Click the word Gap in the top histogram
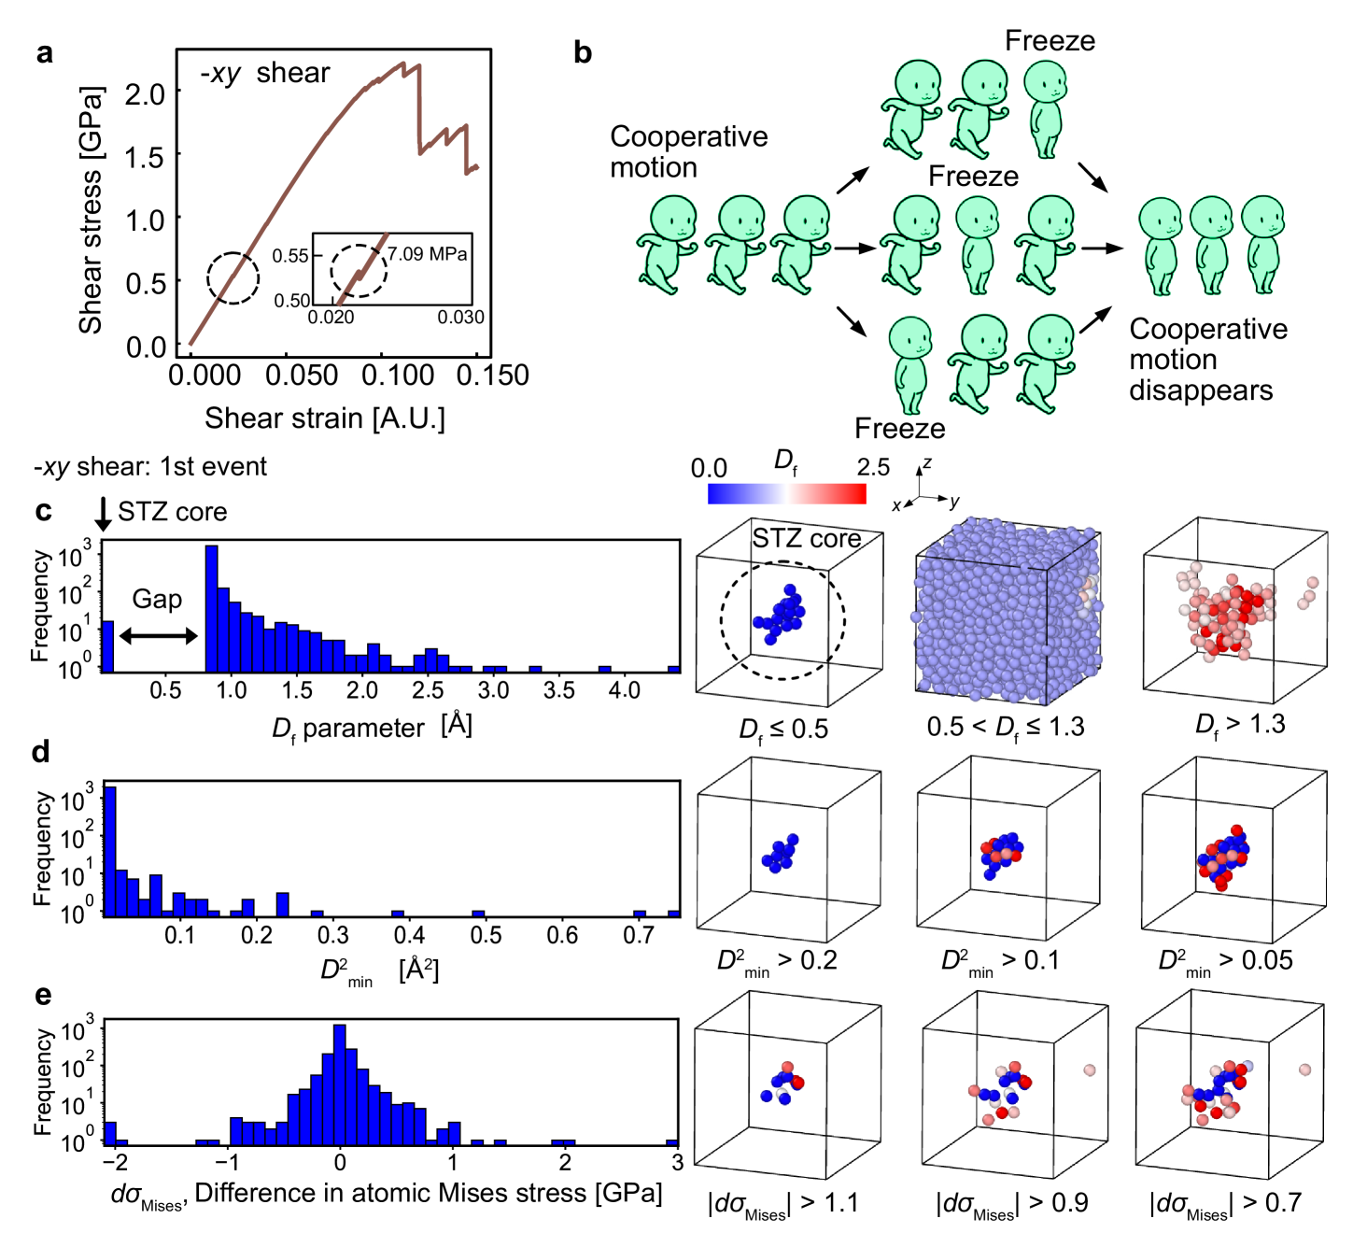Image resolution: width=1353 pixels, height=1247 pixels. coord(157,599)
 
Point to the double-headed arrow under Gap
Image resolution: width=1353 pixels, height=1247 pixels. coord(158,637)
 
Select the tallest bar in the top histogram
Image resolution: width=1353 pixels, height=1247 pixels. coord(211,607)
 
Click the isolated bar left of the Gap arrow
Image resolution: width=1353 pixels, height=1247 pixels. coord(107,645)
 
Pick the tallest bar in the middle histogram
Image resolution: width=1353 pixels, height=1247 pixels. coord(110,850)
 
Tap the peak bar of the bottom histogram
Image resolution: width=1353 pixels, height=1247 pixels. coord(339,1084)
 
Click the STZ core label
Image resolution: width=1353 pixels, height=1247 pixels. coord(806,539)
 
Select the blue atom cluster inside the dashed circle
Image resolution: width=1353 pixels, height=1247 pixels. coord(781,616)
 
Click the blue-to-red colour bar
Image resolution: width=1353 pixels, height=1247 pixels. coord(786,493)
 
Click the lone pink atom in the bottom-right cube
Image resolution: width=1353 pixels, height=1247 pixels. coord(1304,1070)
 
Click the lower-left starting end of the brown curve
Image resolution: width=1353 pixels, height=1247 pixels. coord(190,345)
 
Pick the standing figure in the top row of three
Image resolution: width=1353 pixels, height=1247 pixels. coord(1045,109)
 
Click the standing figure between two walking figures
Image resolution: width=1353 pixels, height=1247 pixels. coord(977,245)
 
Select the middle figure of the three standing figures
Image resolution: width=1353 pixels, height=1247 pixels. coord(1211,246)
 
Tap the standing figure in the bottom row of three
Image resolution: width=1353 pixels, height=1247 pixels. coord(909,364)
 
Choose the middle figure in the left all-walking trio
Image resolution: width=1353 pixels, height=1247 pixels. coord(735,245)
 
